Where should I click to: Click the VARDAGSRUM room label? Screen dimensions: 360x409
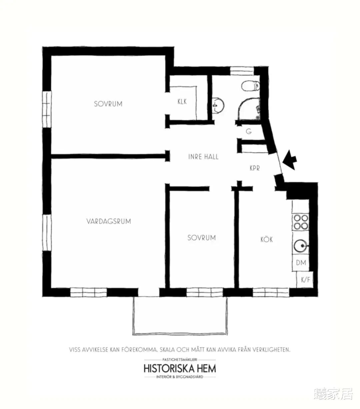coord(109,221)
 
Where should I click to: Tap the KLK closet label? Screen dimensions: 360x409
coord(182,101)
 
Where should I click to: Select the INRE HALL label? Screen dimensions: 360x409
coord(203,157)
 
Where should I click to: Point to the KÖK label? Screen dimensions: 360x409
coord(267,239)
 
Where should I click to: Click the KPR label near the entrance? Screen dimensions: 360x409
coord(255,168)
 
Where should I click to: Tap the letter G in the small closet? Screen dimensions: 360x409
coord(249,131)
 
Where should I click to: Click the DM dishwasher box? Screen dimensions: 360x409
coord(301,263)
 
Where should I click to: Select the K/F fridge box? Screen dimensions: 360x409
coord(305,280)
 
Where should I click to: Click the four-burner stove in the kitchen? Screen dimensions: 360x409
coord(301,222)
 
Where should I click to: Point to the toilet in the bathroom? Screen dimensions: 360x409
coord(250,86)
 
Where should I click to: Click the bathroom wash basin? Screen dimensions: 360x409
coord(218,105)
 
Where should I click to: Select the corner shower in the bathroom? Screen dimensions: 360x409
coord(249,109)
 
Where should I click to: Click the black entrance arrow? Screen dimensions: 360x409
coord(290,160)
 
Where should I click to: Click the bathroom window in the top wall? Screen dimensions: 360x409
coord(242,71)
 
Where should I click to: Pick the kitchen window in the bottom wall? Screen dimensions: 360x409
coord(271,292)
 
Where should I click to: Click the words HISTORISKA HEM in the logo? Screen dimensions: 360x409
coord(180,368)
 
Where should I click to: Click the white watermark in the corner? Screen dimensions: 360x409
coord(333,394)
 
